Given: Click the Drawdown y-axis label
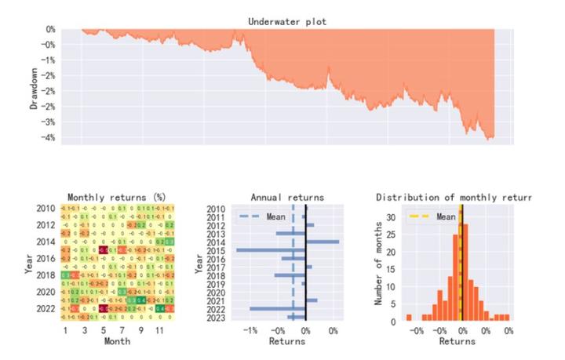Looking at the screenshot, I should [x=35, y=87].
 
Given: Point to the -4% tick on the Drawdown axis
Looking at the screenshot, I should [x=49, y=138].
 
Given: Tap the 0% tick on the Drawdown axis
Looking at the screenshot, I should [x=51, y=30].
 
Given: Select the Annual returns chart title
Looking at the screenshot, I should [x=286, y=197].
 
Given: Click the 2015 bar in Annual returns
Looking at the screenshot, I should [x=271, y=249].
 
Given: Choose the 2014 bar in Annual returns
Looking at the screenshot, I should [x=323, y=242].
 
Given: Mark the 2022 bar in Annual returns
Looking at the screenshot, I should [x=278, y=308].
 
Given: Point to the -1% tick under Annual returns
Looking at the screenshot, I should [x=250, y=331].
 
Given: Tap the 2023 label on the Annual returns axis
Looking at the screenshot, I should [x=217, y=317].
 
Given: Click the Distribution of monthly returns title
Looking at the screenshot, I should [x=454, y=197].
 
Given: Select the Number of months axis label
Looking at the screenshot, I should [x=380, y=264].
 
